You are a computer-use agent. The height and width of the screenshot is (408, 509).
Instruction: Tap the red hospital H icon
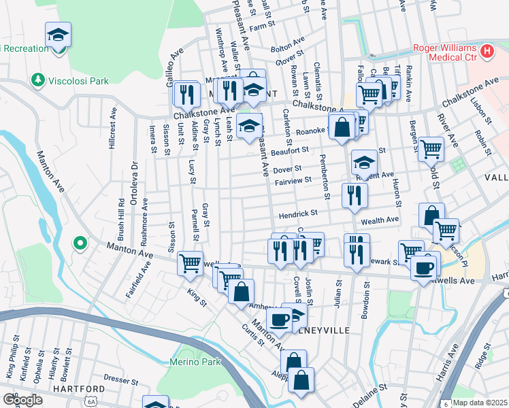point(487,50)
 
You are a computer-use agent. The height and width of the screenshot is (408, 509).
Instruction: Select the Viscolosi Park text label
point(78,81)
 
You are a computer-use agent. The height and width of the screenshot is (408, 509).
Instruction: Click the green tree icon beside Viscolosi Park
point(37,81)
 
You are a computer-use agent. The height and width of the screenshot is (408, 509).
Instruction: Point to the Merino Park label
point(195,362)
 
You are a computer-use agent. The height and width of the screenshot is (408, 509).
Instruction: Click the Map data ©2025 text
point(480,403)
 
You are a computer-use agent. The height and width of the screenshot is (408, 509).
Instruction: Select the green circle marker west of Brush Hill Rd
point(80,243)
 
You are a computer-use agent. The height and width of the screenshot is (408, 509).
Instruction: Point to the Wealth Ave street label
point(379,220)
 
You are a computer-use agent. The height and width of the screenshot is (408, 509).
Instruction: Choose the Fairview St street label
point(293,180)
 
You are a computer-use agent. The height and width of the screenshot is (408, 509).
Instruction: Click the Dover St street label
point(287,169)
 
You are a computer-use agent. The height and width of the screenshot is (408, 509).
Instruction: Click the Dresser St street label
point(121,377)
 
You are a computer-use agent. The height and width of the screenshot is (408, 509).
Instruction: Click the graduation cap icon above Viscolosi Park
point(59,35)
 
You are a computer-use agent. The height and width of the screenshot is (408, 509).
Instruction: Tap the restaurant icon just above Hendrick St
point(355,195)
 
